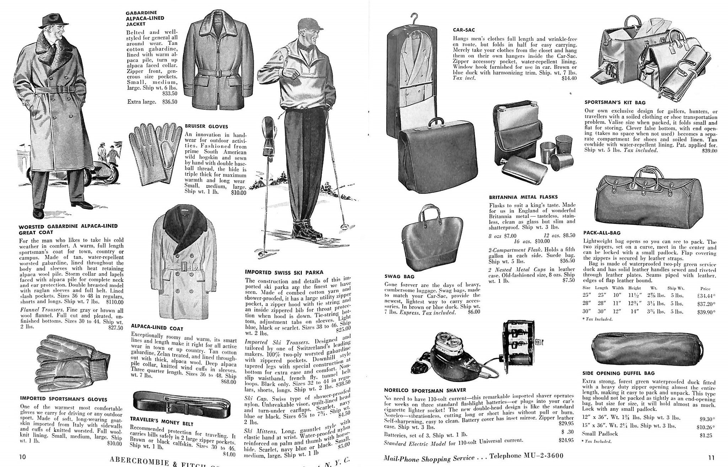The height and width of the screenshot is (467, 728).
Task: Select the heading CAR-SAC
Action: (464, 30)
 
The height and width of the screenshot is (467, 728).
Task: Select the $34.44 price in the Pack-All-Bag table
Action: (706, 295)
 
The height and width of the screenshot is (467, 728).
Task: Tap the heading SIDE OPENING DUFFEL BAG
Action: (618, 373)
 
